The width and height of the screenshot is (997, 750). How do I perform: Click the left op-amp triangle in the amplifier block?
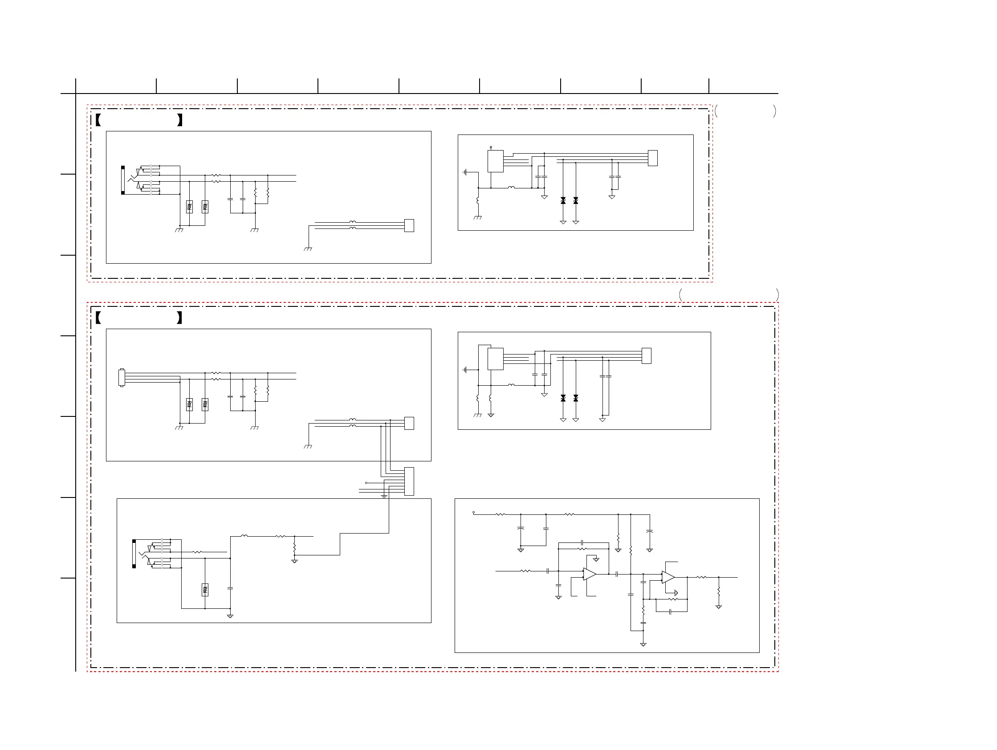click(589, 574)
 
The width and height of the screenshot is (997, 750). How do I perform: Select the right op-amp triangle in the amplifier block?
click(668, 577)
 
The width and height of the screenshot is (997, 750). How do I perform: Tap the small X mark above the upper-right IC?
click(491, 147)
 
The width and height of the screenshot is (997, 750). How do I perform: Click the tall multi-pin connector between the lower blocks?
click(409, 481)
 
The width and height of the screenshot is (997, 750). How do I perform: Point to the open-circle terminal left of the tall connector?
click(366, 483)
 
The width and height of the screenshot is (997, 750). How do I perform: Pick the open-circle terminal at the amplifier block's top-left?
click(473, 513)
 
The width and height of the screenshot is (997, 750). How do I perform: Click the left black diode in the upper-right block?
click(563, 200)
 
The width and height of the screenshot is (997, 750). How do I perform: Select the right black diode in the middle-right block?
click(576, 398)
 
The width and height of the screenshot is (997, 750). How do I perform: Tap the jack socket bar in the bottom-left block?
click(134, 553)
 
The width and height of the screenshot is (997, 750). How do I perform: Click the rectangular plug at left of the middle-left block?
click(121, 378)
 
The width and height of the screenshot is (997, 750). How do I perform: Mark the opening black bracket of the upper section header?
click(98, 120)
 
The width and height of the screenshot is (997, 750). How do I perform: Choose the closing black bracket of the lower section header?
click(179, 317)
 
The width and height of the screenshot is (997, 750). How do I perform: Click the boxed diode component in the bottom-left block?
click(205, 590)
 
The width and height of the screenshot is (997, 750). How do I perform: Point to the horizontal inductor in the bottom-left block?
click(244, 536)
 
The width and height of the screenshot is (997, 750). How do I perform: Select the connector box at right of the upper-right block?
click(652, 158)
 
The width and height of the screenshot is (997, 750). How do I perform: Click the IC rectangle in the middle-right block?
click(495, 359)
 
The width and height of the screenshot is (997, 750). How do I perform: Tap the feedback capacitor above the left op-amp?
click(582, 542)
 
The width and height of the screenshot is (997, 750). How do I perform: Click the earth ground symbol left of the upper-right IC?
click(464, 172)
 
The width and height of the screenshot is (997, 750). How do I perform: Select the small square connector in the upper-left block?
click(409, 225)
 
